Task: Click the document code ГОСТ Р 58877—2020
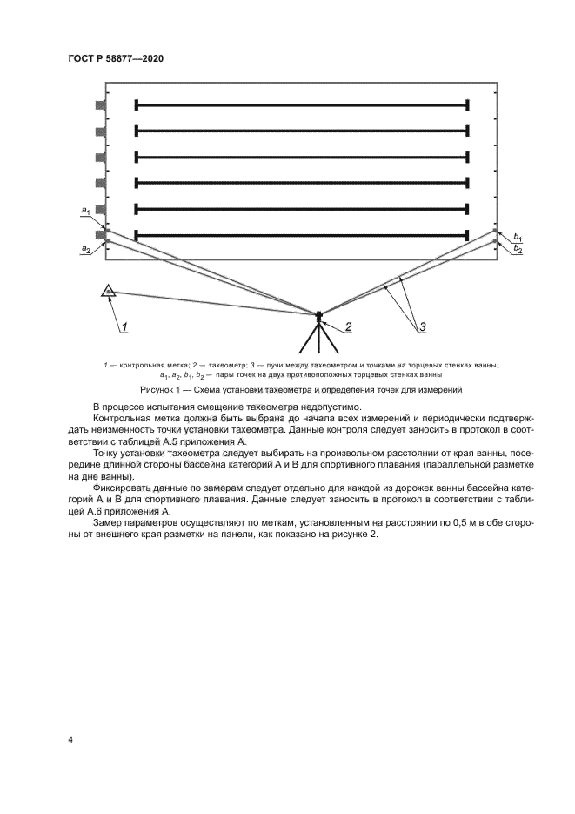[116, 58]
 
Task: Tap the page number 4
[70, 740]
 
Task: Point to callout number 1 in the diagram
[125, 327]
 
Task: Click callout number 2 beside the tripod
[348, 326]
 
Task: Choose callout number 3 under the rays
[423, 327]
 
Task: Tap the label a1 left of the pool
[85, 211]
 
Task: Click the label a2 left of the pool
[85, 249]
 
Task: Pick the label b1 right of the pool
[518, 237]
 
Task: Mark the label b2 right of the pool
[518, 249]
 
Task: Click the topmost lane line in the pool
[302, 105]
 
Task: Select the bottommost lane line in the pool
[302, 234]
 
